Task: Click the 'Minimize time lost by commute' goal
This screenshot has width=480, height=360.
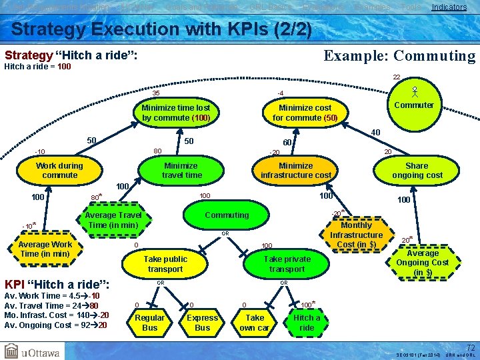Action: click(176, 113)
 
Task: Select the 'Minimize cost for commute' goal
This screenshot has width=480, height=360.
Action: click(305, 113)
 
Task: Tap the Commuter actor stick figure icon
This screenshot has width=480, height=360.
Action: click(414, 91)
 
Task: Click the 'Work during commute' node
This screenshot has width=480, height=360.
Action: click(60, 171)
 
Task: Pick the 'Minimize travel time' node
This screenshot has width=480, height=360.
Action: click(181, 171)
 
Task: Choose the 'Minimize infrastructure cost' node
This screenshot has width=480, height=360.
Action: click(295, 171)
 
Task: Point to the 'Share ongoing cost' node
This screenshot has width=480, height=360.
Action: click(417, 171)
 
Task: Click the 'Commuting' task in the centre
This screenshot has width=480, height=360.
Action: click(227, 215)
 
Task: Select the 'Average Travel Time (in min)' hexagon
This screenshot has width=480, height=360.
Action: click(113, 220)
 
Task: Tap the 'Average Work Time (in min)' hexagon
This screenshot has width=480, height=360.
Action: click(45, 249)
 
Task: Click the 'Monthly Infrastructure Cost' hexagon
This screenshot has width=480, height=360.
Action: click(356, 235)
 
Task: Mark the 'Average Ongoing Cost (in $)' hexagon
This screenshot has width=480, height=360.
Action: click(423, 263)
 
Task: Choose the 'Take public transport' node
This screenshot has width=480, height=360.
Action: click(165, 264)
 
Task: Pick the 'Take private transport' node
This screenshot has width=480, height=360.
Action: click(287, 264)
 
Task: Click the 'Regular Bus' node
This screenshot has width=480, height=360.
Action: click(150, 323)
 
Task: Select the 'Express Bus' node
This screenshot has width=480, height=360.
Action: click(202, 323)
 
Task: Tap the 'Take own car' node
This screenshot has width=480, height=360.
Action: click(254, 323)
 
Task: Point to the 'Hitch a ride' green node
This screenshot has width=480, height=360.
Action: click(307, 323)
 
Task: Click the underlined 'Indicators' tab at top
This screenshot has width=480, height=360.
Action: click(449, 7)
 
